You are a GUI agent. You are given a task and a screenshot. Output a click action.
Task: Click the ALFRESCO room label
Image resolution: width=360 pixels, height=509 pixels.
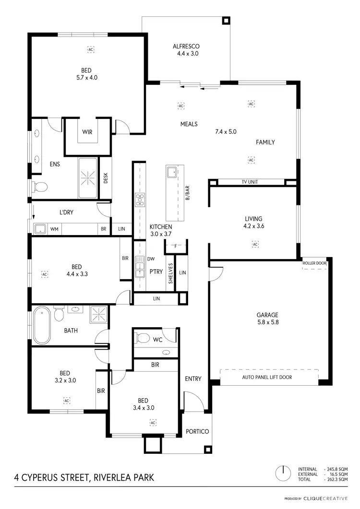coord(186,47)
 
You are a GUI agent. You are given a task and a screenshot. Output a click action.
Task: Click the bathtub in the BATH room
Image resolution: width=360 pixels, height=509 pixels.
coord(42,326)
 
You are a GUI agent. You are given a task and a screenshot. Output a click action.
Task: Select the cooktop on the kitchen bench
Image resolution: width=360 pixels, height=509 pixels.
coord(140,199)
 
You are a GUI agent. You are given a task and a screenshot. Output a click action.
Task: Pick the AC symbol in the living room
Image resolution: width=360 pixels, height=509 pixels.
coord(255,244)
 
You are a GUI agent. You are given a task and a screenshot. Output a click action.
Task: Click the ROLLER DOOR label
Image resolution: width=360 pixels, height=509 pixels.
coord(314,263)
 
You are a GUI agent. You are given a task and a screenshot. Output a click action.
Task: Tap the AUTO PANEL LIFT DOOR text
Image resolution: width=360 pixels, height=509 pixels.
coord(267,377)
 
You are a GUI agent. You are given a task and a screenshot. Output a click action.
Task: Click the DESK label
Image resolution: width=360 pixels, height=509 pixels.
coord(106,178)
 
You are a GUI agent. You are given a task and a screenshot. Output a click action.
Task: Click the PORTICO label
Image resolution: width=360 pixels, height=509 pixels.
coord(197,431)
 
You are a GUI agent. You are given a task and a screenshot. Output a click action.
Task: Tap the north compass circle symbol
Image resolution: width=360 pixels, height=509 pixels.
coord(283,472)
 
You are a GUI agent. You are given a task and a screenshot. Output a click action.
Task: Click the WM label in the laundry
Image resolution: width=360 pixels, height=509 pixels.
coord(54,230)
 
